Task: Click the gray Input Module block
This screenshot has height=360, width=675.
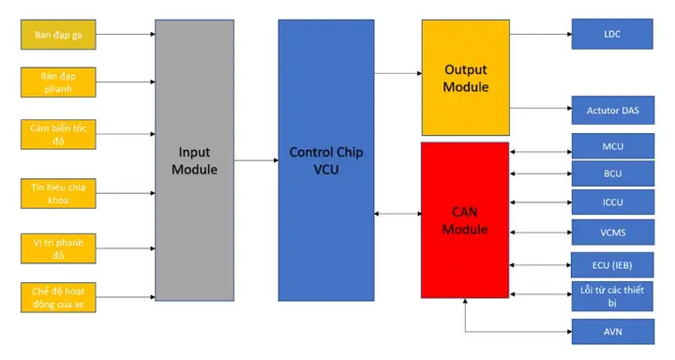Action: click(x=194, y=160)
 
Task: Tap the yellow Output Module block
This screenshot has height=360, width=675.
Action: click(x=465, y=78)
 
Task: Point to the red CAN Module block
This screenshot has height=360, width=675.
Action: click(x=465, y=220)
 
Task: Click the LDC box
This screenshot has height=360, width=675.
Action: click(x=612, y=35)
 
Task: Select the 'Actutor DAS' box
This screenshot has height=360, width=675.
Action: click(x=612, y=110)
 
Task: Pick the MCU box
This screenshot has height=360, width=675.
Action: click(x=612, y=147)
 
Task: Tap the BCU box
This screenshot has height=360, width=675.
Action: click(x=612, y=174)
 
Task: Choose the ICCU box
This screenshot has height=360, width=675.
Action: click(x=612, y=202)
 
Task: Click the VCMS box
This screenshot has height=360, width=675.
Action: click(x=612, y=232)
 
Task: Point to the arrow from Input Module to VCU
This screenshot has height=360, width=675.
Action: click(x=255, y=160)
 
